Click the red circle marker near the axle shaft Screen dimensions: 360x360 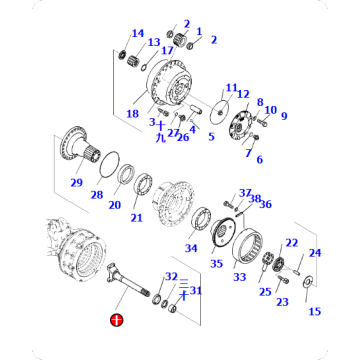(116, 321)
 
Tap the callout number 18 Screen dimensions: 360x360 (132, 115)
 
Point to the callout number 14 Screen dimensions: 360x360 (137, 34)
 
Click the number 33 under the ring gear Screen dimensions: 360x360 (239, 277)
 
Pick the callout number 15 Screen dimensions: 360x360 (315, 311)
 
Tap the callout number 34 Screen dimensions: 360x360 (190, 248)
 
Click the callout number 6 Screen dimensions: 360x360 (259, 159)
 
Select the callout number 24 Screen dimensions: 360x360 (314, 253)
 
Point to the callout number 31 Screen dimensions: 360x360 (195, 291)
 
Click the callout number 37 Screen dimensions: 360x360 (245, 192)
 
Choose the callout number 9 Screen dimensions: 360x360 (283, 116)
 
